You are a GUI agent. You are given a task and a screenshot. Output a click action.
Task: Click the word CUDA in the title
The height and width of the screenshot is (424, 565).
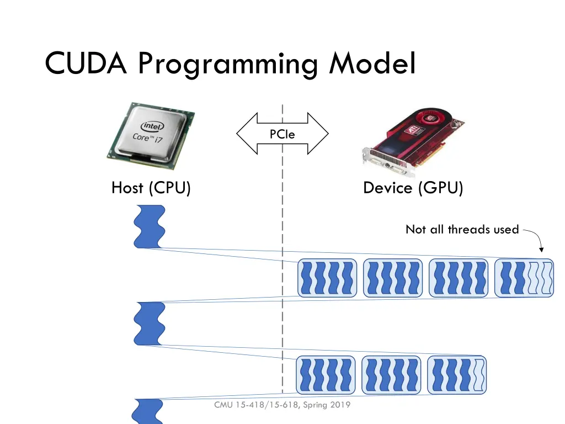point(87,63)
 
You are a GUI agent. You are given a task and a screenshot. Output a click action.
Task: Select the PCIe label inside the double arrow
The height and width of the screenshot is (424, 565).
point(282,134)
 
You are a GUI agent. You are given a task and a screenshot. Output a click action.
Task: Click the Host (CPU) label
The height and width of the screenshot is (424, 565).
point(151,188)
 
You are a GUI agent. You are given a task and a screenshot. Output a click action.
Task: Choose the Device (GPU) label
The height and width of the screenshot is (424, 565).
point(413,188)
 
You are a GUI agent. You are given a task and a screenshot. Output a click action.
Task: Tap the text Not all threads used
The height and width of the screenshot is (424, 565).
point(462,229)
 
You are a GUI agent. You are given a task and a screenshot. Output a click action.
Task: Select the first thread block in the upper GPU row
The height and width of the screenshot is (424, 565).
point(327,277)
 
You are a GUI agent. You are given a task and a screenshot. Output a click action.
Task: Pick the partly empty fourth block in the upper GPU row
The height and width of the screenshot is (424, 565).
point(524,277)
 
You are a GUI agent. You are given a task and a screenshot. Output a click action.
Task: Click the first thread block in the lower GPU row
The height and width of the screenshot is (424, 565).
point(327,375)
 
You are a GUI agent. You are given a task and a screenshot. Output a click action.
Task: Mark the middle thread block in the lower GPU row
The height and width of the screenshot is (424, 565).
point(391,375)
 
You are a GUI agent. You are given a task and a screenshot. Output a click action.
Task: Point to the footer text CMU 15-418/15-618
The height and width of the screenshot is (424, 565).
point(257,405)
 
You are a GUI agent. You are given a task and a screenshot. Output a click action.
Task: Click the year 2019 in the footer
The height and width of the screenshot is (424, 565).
point(340,405)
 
